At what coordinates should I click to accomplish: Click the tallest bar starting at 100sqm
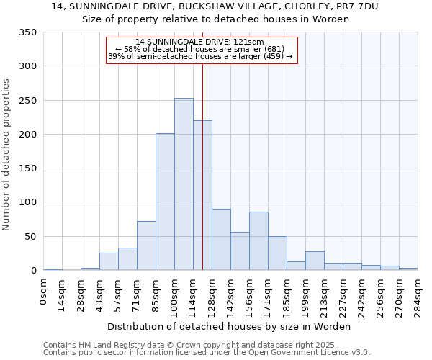[x=184, y=184]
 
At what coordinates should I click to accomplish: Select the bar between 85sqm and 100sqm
[x=165, y=202]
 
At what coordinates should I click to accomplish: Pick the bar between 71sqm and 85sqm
[x=146, y=246]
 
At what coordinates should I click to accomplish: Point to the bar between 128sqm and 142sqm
[x=221, y=240]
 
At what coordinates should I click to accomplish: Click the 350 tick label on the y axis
[x=27, y=32]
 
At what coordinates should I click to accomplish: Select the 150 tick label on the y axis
[x=27, y=168]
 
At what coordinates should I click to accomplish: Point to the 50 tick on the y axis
[x=30, y=236]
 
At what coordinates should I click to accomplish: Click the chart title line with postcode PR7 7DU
[x=215, y=6]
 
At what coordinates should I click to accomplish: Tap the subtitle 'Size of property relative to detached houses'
[x=215, y=19]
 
